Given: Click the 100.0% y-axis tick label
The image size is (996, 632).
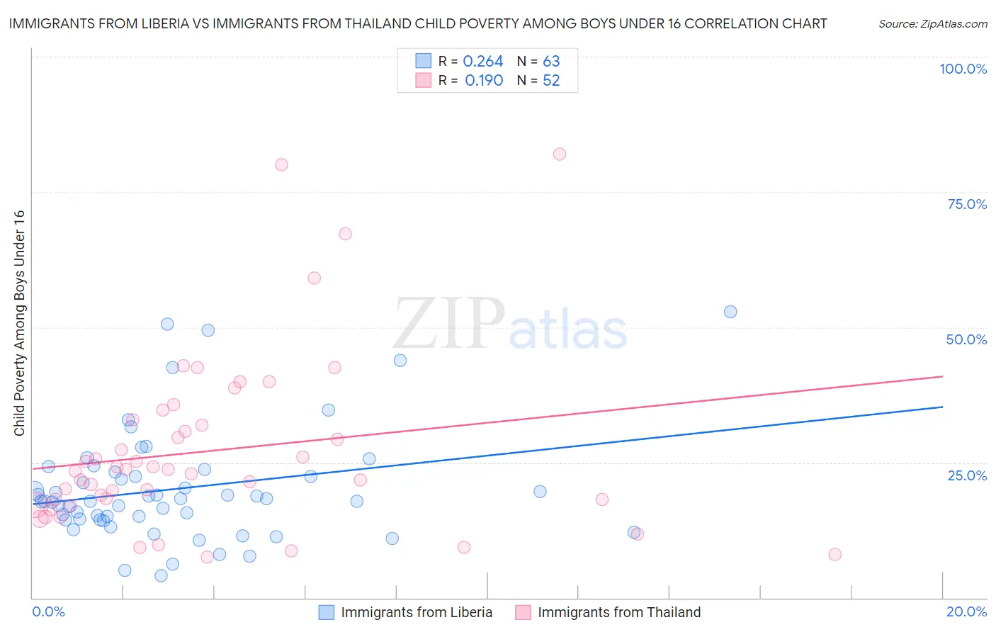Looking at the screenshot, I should click(963, 69).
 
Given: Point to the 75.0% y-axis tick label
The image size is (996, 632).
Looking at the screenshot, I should click(967, 204).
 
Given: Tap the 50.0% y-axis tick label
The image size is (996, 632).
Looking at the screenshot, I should click(966, 339).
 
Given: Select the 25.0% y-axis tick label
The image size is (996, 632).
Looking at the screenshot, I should click(967, 475).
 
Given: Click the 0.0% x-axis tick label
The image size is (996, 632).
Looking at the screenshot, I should click(48, 611).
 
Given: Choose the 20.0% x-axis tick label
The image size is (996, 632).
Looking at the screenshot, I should click(966, 611).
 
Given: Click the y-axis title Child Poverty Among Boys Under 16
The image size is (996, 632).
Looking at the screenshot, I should click(19, 323).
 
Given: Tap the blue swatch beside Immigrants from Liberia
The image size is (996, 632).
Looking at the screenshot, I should click(326, 612).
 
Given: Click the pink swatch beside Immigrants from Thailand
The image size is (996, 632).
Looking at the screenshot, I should click(523, 612).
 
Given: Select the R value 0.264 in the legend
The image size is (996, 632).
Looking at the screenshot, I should click(482, 62).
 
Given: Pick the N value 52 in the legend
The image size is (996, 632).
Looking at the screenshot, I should click(551, 81).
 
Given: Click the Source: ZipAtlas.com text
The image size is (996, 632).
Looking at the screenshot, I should click(932, 24).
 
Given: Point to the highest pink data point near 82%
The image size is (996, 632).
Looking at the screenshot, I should click(560, 154).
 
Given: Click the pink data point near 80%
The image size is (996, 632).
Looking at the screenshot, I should click(281, 164).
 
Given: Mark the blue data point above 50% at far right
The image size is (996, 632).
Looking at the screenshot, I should click(730, 312).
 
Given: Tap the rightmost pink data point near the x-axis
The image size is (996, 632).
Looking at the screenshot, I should click(835, 554).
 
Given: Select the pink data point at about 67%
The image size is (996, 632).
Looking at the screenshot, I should click(345, 234).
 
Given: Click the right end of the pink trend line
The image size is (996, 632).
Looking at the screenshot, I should click(942, 376).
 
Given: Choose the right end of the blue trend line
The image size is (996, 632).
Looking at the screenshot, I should click(942, 407).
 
